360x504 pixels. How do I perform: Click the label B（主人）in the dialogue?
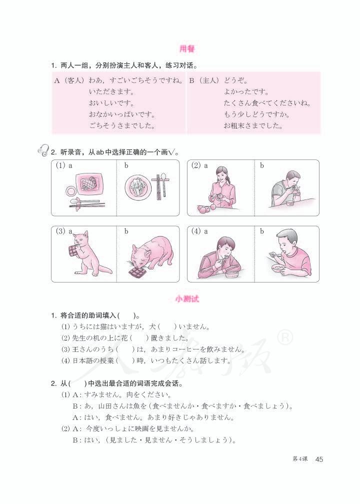204,80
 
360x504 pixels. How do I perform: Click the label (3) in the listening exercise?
61,231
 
